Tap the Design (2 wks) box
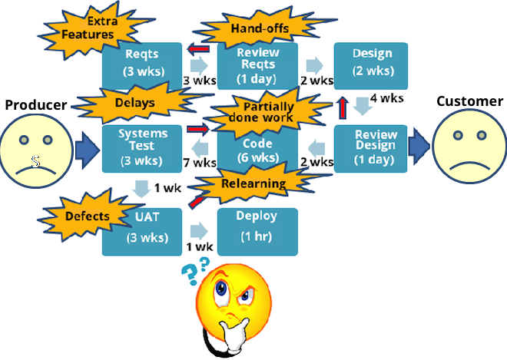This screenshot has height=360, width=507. point(371,63)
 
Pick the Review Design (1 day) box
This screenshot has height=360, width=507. point(371,148)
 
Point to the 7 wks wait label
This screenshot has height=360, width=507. point(201,163)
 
